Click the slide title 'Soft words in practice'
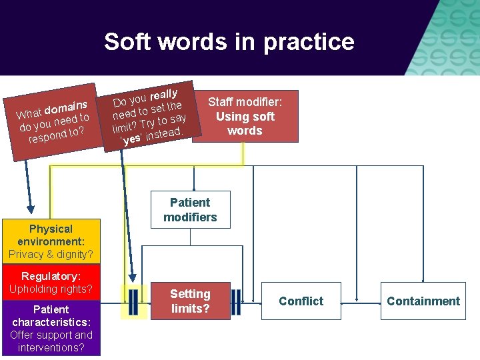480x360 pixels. [x=229, y=42]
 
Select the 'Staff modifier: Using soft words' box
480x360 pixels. [x=245, y=115]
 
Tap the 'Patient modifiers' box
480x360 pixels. [x=190, y=210]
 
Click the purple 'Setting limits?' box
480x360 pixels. [x=190, y=301]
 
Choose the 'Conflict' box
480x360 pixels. [x=301, y=301]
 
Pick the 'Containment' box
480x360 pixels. [x=423, y=301]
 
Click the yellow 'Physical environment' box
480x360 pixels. [x=51, y=241]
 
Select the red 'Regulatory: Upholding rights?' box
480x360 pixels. [x=51, y=283]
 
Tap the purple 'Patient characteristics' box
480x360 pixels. [x=51, y=329]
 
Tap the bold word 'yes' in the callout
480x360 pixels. [x=132, y=139]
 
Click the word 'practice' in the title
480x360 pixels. [x=309, y=42]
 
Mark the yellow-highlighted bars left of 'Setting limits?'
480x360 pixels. [x=133, y=301]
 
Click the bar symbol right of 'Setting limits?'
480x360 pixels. [x=236, y=301]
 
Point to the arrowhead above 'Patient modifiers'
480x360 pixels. [x=193, y=188]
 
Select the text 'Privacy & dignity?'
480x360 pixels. [x=51, y=254]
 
